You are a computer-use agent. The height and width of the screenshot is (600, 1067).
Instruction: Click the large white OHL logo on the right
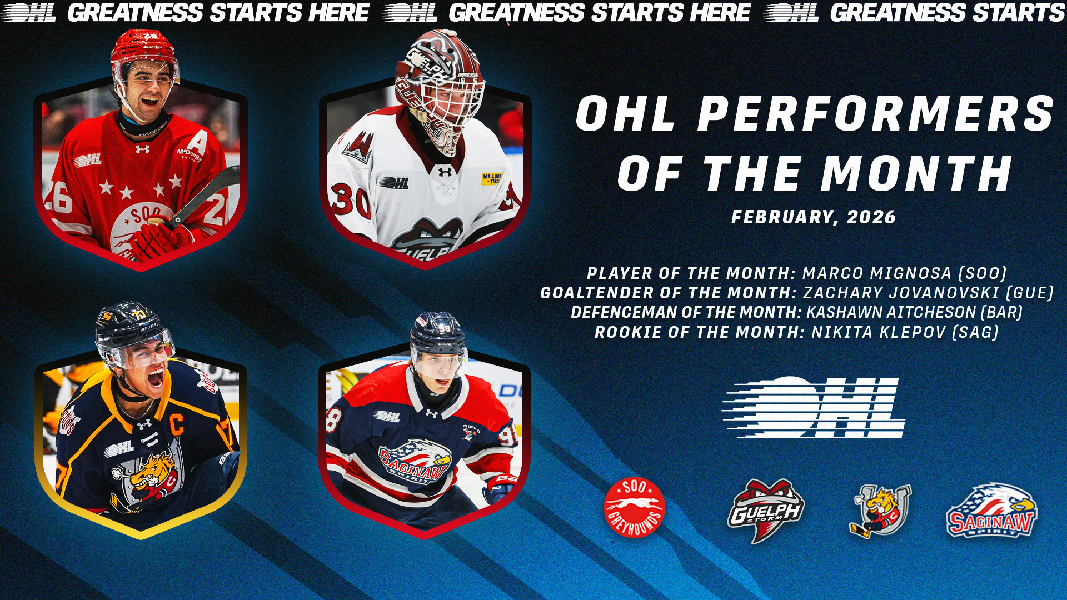click(x=813, y=407)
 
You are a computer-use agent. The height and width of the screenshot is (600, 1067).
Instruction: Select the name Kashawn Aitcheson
click(x=891, y=312)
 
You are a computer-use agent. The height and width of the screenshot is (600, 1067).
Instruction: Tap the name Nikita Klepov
click(x=879, y=332)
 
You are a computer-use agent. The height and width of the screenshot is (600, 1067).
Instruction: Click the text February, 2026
click(x=814, y=217)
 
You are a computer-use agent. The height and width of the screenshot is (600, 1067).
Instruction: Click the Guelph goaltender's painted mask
click(x=439, y=89)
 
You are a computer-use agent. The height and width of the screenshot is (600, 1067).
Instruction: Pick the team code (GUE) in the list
click(x=1039, y=293)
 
